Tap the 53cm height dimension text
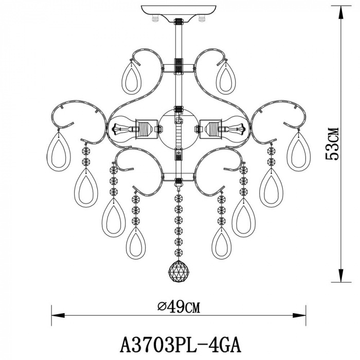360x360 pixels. [x=332, y=144]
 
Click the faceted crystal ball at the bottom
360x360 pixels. [x=178, y=271]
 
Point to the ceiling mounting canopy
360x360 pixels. [x=178, y=14]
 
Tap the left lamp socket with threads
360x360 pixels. [x=144, y=129]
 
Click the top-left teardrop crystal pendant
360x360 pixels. [x=131, y=78]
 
